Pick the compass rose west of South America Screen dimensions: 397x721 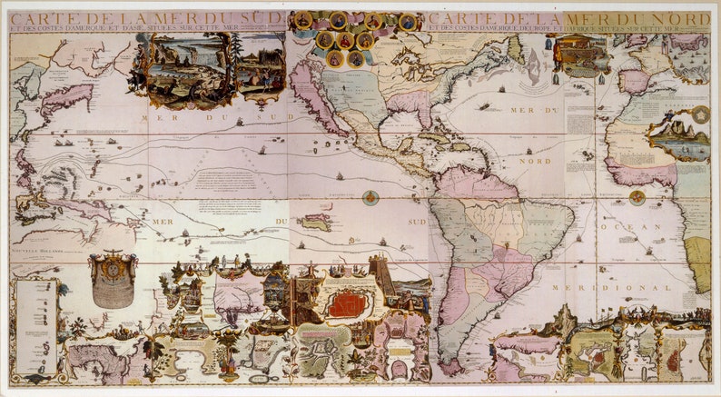point(370,196)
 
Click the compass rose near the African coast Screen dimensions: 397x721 point(637,196)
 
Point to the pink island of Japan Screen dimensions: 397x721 point(68,97)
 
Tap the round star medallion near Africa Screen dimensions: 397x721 point(701,114)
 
